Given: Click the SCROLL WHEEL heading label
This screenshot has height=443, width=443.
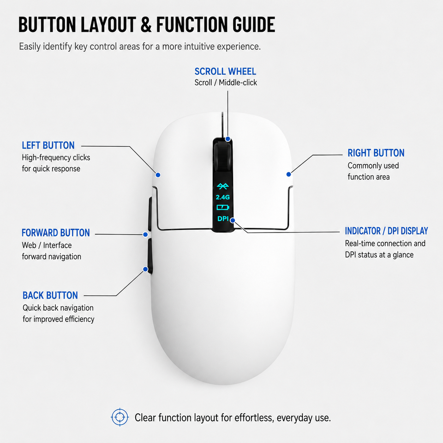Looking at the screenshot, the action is pos(225,72).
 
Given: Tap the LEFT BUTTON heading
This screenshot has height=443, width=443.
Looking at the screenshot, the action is pos(48,145).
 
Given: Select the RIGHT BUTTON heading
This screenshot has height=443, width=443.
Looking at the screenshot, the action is pos(376,153).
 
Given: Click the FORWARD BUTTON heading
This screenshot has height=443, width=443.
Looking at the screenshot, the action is pos(56,233).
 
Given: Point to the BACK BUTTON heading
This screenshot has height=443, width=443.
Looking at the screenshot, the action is pos(50,295).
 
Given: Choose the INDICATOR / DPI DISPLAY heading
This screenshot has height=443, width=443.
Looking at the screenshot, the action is pos(387,231).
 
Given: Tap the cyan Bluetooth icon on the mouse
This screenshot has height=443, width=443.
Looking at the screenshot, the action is pos(222,186).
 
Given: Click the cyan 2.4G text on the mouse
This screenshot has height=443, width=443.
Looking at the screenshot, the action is pos(222,197).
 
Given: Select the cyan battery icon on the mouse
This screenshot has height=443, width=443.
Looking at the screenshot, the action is pos(223,208).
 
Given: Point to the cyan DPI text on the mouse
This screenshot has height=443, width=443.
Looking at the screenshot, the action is pos(223,219).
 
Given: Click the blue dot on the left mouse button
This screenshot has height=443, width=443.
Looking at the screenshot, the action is pos(158,175).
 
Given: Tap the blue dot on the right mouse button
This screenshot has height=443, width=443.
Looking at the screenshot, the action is pos(288,174).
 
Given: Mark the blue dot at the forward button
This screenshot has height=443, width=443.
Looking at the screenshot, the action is pos(145,234).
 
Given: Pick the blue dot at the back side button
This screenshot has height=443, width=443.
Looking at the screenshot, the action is pos(145,269).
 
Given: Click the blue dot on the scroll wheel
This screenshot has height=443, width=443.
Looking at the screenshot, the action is pos(227,139).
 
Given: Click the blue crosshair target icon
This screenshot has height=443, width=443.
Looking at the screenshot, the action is pos(120,417).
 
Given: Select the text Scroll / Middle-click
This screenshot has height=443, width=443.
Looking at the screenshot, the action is pos(226,83).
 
